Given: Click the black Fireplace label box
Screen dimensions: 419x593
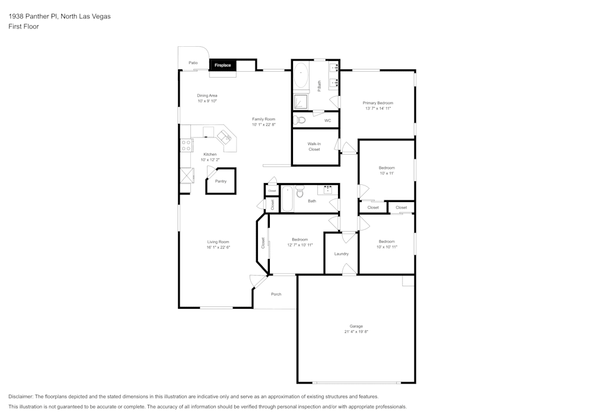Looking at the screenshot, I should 222,65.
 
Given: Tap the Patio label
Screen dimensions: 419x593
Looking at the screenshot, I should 193,62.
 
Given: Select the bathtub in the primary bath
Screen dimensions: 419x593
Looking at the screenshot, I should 301,76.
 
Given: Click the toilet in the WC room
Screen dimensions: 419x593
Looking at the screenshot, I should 300,120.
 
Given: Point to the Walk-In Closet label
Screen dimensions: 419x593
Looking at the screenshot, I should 314,146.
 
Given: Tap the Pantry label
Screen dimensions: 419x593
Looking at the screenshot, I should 221,181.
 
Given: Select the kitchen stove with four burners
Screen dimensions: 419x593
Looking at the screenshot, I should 186,145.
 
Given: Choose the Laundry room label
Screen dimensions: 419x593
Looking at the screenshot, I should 341,254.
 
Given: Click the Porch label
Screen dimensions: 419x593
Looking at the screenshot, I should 276,294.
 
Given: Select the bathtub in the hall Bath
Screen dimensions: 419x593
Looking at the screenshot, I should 287,199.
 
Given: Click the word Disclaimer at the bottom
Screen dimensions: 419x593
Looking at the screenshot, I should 21,396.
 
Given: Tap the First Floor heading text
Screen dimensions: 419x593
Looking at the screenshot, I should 23,27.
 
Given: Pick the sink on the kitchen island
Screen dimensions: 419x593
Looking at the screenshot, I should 226,137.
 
